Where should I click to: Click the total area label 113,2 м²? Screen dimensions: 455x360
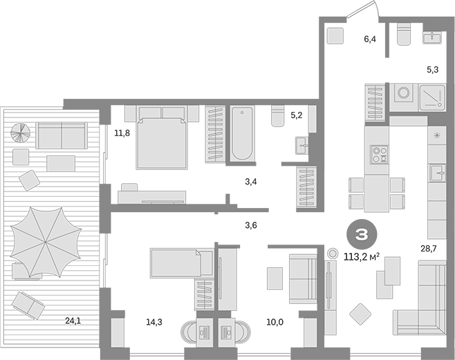click(362, 257)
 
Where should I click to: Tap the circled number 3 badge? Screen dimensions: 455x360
click(362, 234)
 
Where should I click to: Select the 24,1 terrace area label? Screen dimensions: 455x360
click(73, 321)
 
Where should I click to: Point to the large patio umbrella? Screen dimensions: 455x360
click(46, 242)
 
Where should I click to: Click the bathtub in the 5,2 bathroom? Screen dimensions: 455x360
click(242, 133)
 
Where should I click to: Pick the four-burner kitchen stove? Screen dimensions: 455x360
click(380, 155)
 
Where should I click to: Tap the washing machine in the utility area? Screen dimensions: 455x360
click(403, 93)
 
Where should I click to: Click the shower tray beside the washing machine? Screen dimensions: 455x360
click(432, 97)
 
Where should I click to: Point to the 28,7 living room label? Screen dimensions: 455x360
click(429, 248)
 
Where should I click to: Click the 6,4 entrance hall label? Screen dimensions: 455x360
click(370, 39)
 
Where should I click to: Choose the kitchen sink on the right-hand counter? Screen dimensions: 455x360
click(437, 173)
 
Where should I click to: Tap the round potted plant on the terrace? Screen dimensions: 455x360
click(20, 133)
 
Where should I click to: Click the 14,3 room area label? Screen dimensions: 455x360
click(154, 322)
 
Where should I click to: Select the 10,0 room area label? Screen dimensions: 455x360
click(275, 322)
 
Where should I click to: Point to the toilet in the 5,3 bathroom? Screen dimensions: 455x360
click(404, 34)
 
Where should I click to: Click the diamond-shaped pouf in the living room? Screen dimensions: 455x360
click(360, 314)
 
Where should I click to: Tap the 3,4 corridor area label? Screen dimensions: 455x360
click(251, 182)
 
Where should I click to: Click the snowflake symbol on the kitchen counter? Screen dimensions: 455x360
click(437, 135)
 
